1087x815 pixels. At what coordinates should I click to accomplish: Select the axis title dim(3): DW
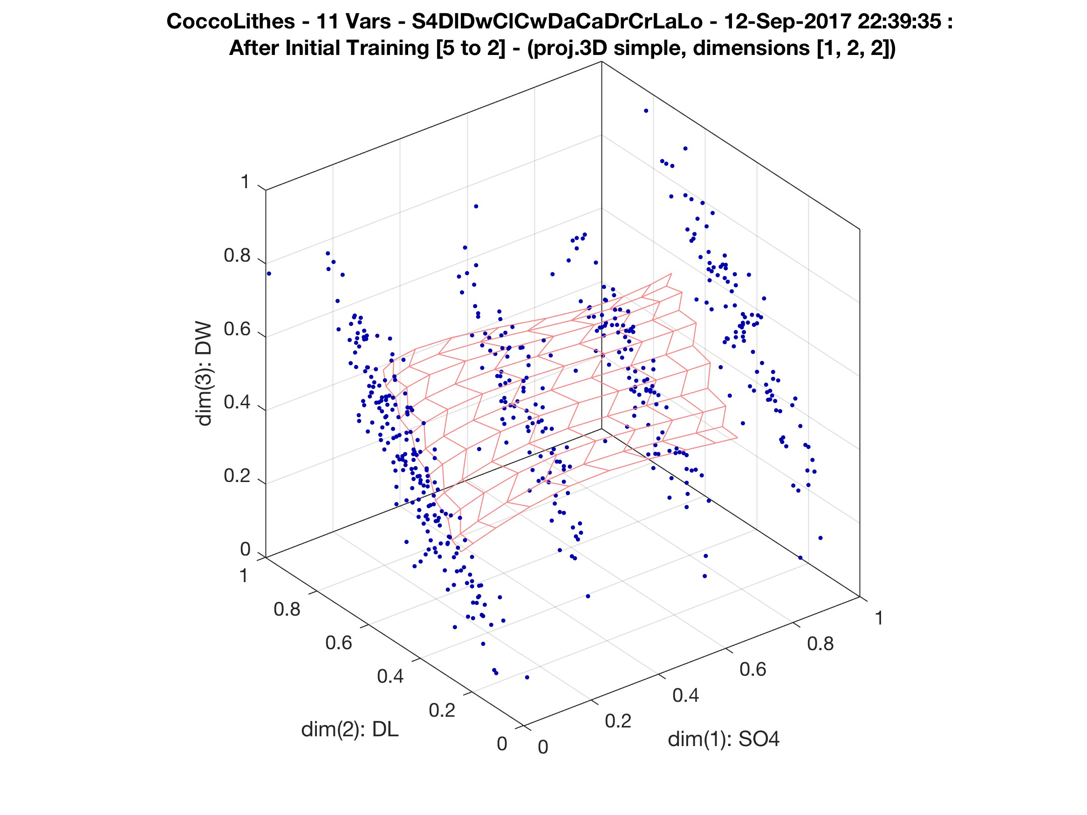pyautogui.click(x=204, y=374)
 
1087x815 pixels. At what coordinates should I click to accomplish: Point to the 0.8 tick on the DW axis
pyautogui.click(x=237, y=256)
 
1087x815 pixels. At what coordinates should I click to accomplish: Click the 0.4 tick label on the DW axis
pyautogui.click(x=237, y=403)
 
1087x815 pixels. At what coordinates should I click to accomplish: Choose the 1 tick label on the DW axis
pyautogui.click(x=245, y=182)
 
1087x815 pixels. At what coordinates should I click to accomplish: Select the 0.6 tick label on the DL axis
pyautogui.click(x=339, y=643)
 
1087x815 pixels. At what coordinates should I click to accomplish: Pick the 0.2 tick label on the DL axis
pyautogui.click(x=442, y=710)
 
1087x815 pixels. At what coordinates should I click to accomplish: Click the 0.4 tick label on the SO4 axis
pyautogui.click(x=685, y=696)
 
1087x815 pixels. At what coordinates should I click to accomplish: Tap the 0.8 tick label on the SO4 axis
pyautogui.click(x=820, y=644)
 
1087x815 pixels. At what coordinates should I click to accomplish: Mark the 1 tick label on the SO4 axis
pyautogui.click(x=879, y=618)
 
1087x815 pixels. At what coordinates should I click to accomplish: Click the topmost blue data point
pyautogui.click(x=646, y=111)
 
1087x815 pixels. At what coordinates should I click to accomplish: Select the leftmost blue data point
pyautogui.click(x=269, y=274)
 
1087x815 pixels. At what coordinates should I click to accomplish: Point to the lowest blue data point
pyautogui.click(x=527, y=678)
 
